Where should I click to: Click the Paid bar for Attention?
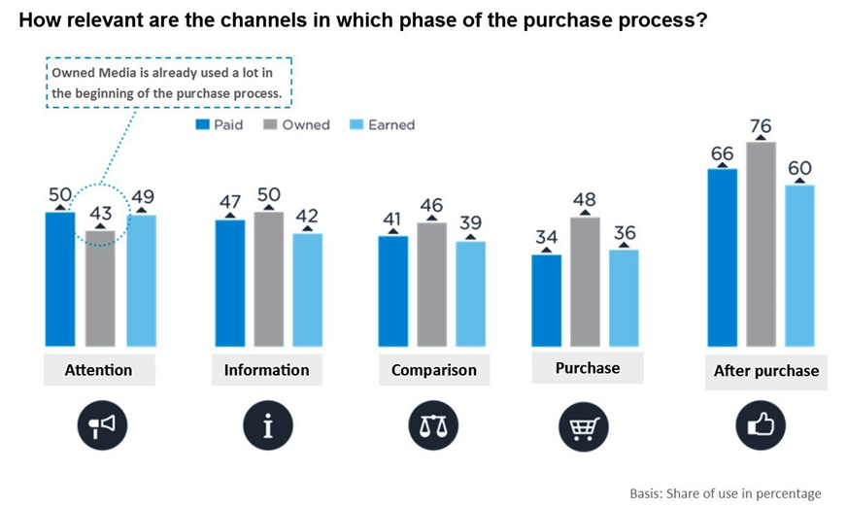coord(59,279)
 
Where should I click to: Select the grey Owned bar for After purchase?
coord(761,244)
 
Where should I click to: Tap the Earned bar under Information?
coord(307,289)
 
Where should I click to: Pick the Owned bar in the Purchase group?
coord(585,282)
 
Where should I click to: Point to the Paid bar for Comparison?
coord(393,290)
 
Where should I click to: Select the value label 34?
coord(547,238)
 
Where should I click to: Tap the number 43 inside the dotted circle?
coord(101,213)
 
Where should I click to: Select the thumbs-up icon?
coord(765,425)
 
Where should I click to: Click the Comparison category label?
coord(434,370)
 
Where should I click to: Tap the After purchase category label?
coord(765,370)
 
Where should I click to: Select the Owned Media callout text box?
coord(168,82)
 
